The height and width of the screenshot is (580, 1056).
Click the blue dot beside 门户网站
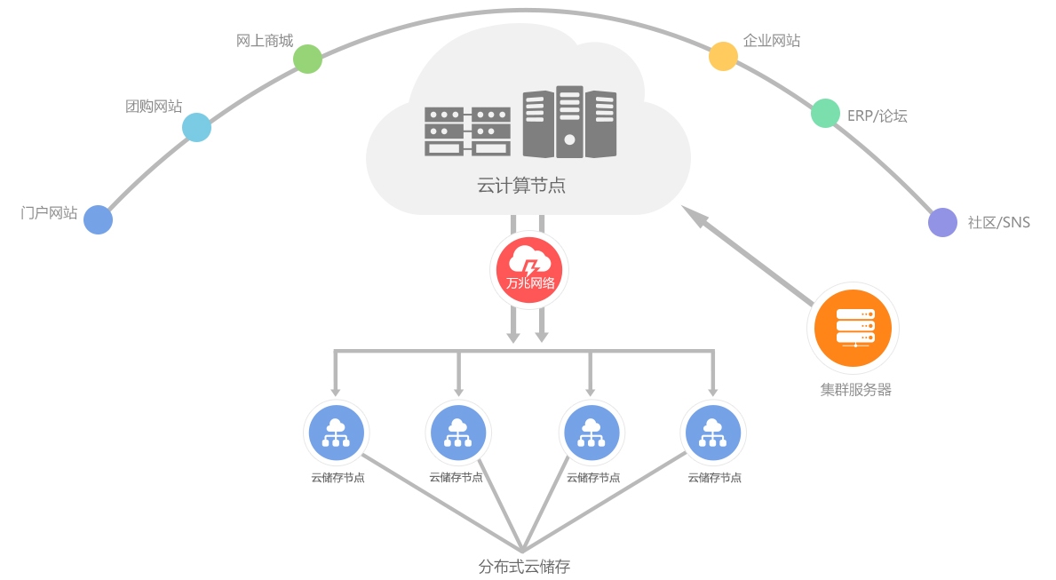[99, 219]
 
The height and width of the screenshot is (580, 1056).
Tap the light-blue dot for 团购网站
[196, 128]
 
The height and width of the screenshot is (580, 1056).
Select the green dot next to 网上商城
[307, 60]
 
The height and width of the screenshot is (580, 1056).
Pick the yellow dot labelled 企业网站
[723, 56]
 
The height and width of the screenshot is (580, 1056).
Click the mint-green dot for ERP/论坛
[825, 113]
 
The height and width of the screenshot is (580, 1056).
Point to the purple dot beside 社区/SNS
[942, 222]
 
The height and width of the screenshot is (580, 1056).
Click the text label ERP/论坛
[877, 115]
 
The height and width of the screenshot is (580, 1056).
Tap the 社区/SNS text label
[998, 222]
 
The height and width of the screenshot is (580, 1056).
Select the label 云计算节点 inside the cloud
[521, 187]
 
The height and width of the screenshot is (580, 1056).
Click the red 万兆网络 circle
[529, 267]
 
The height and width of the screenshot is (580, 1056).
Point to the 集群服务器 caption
[855, 389]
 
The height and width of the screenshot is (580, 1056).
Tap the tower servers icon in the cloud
[569, 122]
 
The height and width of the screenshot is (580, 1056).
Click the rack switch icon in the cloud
[467, 131]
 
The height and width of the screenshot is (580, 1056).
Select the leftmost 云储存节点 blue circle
[336, 433]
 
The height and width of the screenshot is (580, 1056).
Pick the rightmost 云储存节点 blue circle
[712, 433]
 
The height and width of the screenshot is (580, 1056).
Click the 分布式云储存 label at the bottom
[523, 566]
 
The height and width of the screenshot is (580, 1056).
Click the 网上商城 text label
[264, 41]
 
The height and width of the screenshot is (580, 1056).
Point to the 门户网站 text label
[49, 213]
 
